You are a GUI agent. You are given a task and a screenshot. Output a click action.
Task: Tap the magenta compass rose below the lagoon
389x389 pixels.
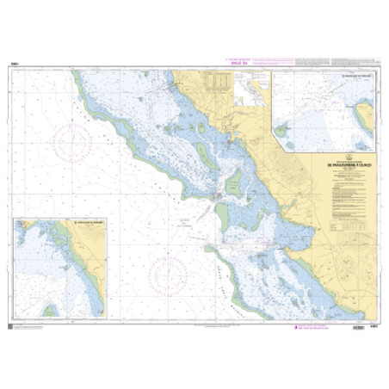168,276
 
